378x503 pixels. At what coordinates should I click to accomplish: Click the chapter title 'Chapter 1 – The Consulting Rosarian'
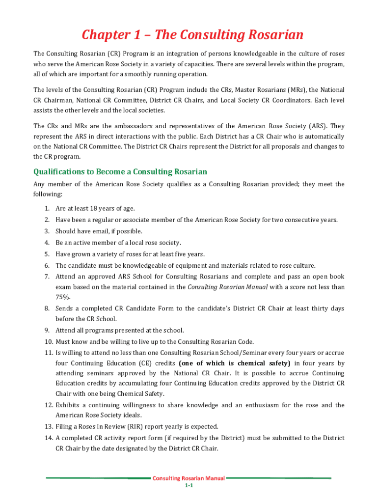[192, 35]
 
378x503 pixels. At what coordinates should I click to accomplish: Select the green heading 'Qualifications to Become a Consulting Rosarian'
[120, 171]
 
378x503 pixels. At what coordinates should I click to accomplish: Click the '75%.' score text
[63, 297]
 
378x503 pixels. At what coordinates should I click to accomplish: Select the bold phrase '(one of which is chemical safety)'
[235, 363]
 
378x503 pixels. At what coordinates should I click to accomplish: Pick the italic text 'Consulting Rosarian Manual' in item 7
[228, 287]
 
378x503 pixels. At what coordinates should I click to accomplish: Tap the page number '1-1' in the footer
[189, 486]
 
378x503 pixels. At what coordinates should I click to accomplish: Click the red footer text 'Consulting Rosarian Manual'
[189, 478]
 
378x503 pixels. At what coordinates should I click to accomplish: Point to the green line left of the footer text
[98, 478]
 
